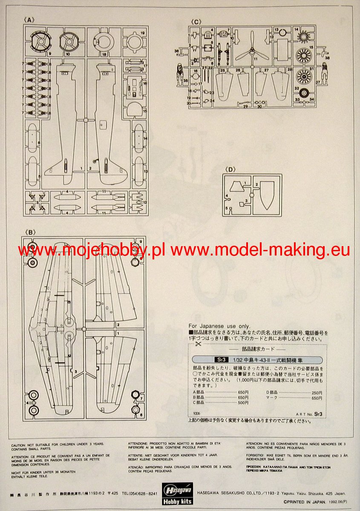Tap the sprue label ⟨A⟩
[x=30, y=20]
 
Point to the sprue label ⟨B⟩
[x=30, y=232]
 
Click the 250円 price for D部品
[x=317, y=392]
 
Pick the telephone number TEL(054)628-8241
[x=140, y=494]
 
